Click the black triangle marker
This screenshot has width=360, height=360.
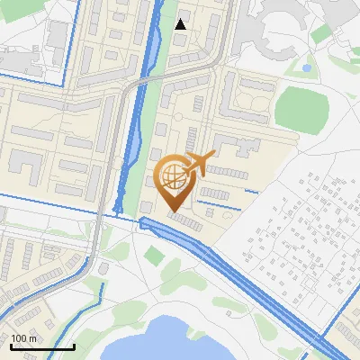coord(181,24)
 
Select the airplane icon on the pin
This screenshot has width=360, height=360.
coord(201,163)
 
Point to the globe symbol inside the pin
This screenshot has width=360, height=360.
coord(175,175)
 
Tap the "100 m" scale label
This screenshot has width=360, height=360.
coord(23,337)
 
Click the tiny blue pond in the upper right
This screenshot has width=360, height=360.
coord(307,67)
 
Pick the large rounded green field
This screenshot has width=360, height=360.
coord(301,107)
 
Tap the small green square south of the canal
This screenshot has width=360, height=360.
coord(155,256)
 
